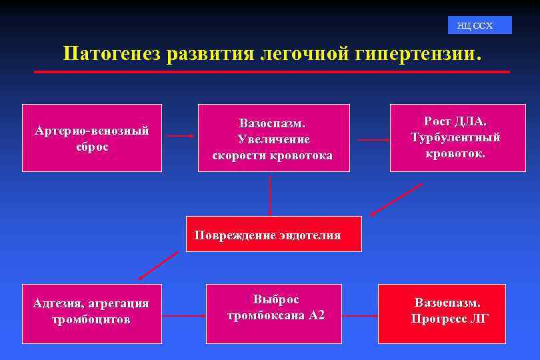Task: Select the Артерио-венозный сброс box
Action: (92, 138)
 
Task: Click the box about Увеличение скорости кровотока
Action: (273, 138)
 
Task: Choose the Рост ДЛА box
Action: (457, 138)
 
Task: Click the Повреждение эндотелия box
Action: (273, 234)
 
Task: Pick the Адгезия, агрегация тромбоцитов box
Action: (92, 313)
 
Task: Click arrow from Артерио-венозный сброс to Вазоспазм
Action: (179, 136)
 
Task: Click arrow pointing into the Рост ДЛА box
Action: (373, 140)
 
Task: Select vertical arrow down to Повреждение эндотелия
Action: (270, 195)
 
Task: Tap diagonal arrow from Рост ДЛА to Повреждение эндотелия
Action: (396, 199)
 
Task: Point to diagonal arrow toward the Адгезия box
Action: (158, 265)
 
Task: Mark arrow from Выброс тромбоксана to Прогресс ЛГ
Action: (359, 315)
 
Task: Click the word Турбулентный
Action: (455, 138)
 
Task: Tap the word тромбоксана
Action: (267, 315)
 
